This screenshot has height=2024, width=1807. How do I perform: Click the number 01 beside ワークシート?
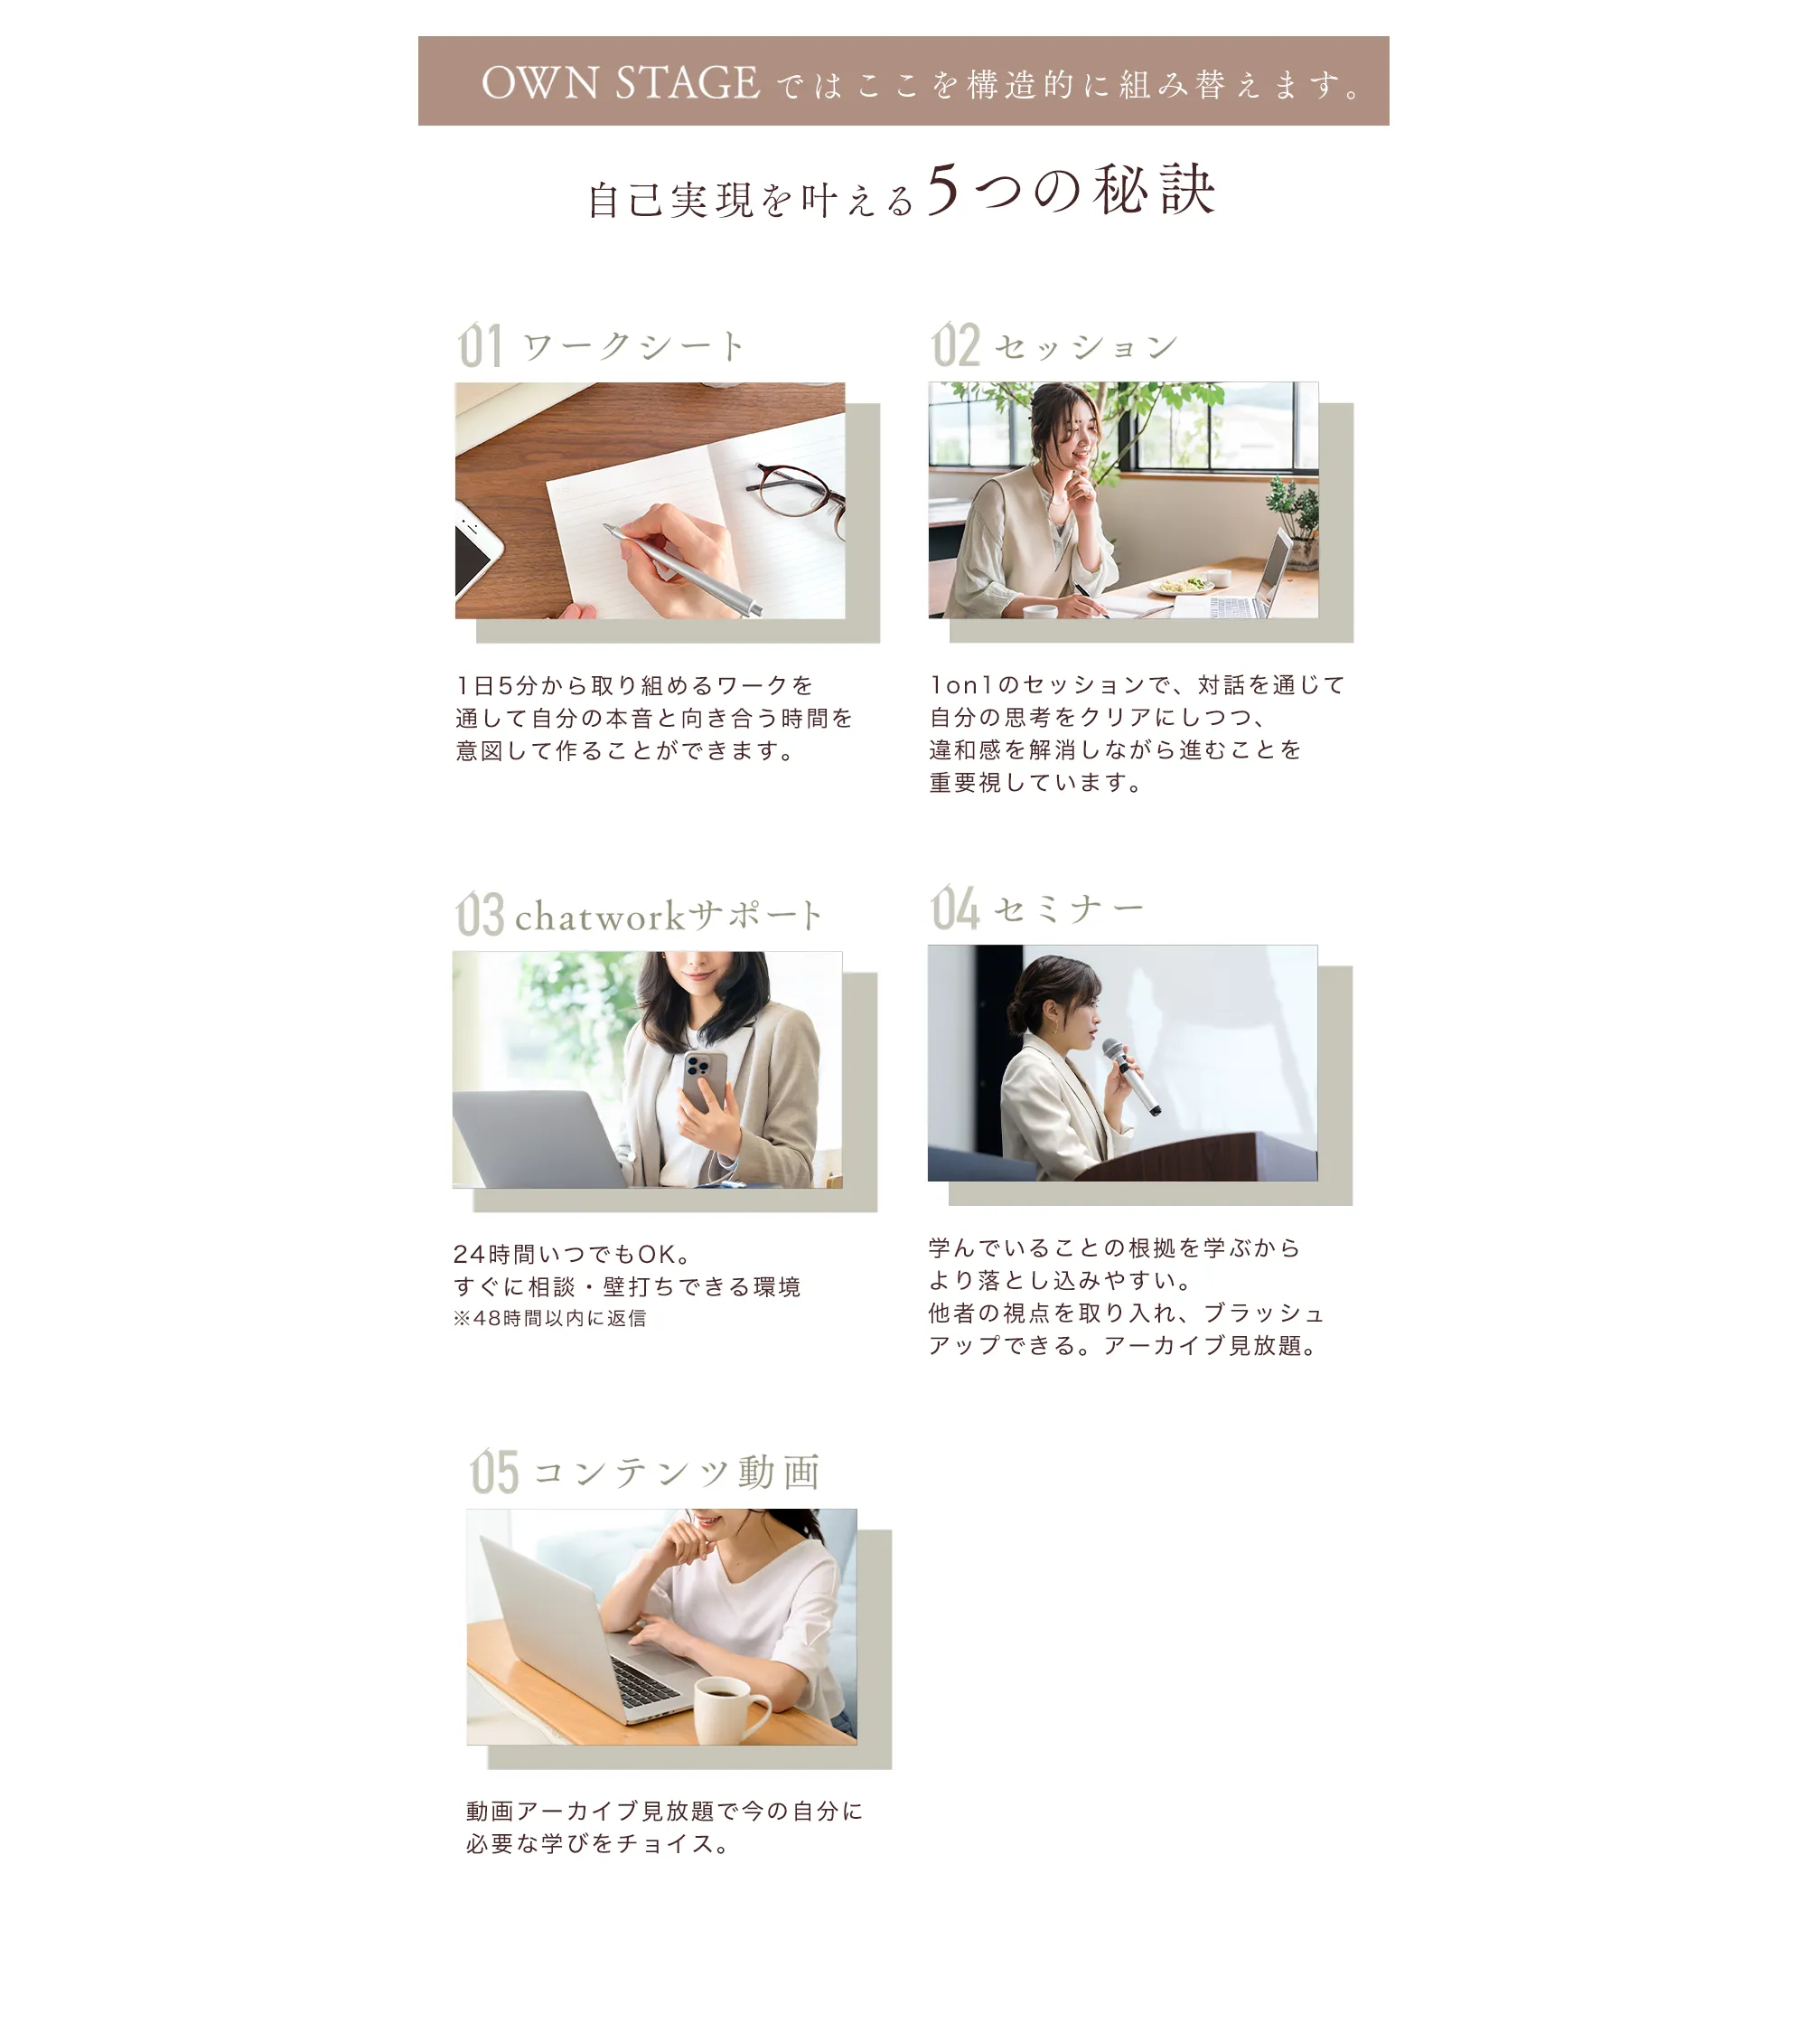480,345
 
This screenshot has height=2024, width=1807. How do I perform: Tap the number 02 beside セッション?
955,344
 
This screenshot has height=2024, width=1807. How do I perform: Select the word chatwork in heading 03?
600,916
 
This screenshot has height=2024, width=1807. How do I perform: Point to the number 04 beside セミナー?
955,908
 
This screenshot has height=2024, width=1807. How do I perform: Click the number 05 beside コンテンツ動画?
494,1472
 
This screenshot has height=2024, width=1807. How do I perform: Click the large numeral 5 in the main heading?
943,189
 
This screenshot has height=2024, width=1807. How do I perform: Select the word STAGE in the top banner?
687,82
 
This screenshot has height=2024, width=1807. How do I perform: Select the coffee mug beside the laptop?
730,1709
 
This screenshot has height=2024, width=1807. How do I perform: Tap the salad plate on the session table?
1181,586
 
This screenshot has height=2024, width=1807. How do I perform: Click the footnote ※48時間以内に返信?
550,1318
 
